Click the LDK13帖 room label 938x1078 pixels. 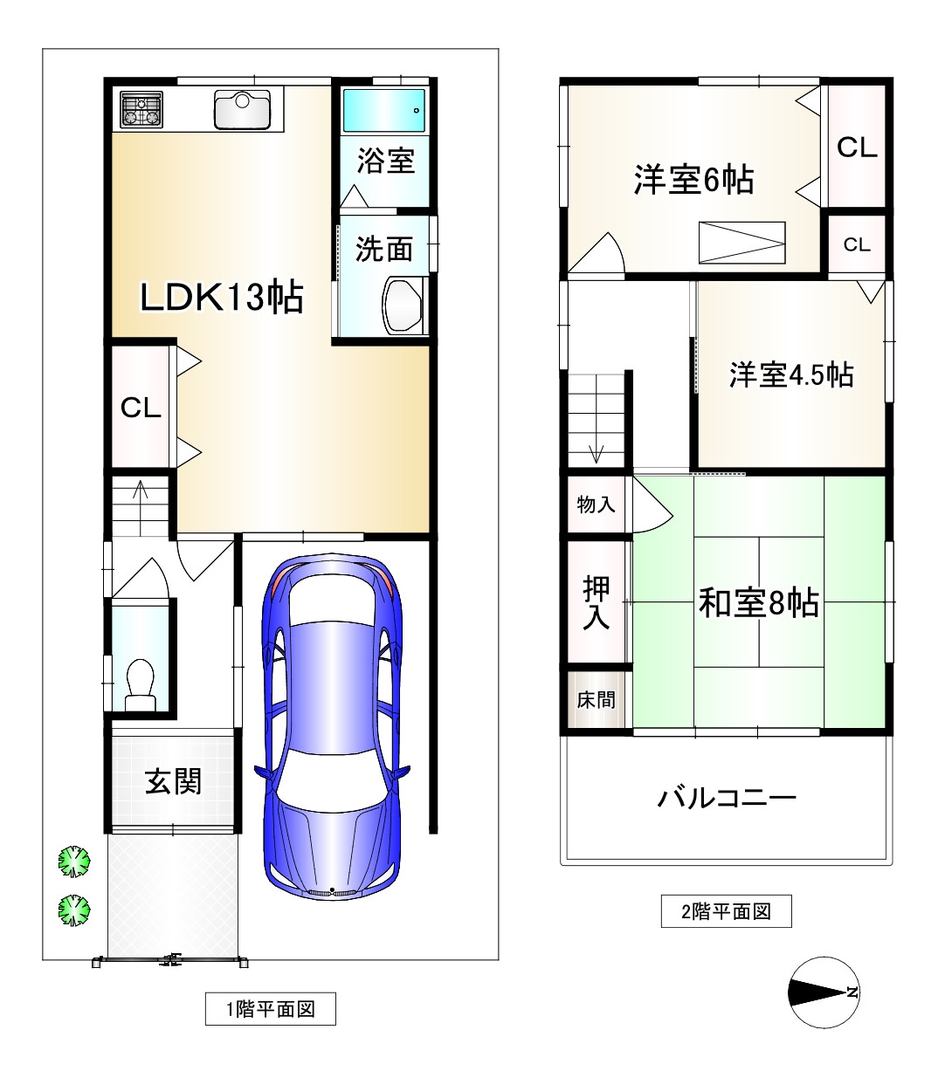click(221, 298)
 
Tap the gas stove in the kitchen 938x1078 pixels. click(141, 110)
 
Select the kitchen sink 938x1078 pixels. click(243, 110)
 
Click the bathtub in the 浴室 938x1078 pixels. click(384, 110)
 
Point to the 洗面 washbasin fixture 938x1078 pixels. click(403, 306)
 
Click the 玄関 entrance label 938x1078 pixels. click(174, 781)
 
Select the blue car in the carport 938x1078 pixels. click(332, 727)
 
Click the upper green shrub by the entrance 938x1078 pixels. click(74, 862)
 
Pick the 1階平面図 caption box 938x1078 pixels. click(271, 1009)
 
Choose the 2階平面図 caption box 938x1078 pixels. click(726, 911)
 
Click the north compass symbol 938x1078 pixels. click(824, 992)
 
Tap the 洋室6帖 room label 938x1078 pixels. click(693, 180)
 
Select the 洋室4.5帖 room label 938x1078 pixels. click(791, 375)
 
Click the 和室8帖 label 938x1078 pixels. click(759, 603)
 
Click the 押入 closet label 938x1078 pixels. click(596, 603)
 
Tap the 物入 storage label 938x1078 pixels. click(596, 505)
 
